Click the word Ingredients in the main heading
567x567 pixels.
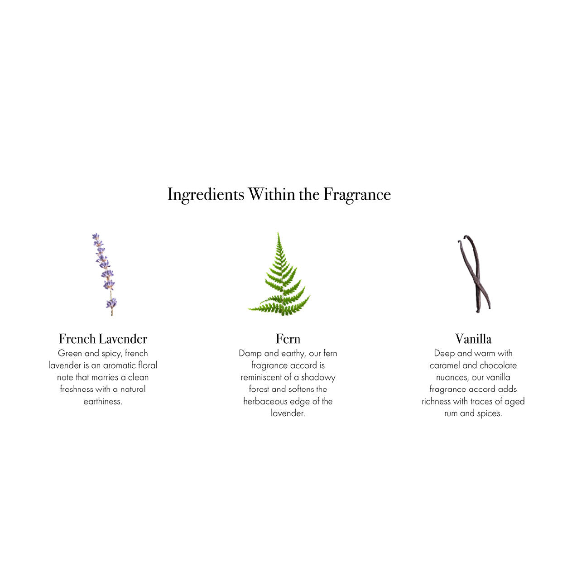(x=206, y=195)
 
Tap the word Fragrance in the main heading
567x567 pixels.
(x=357, y=195)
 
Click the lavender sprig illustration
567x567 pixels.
(x=105, y=274)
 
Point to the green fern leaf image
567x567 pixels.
(x=279, y=274)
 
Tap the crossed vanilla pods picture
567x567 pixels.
(x=474, y=274)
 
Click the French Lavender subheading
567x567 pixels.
(x=103, y=339)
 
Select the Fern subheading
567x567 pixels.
(x=288, y=339)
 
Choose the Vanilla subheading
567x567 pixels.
(x=473, y=339)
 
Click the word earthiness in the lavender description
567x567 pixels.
(x=103, y=401)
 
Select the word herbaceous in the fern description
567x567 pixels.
(x=265, y=401)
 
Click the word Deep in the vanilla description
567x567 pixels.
(x=444, y=354)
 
